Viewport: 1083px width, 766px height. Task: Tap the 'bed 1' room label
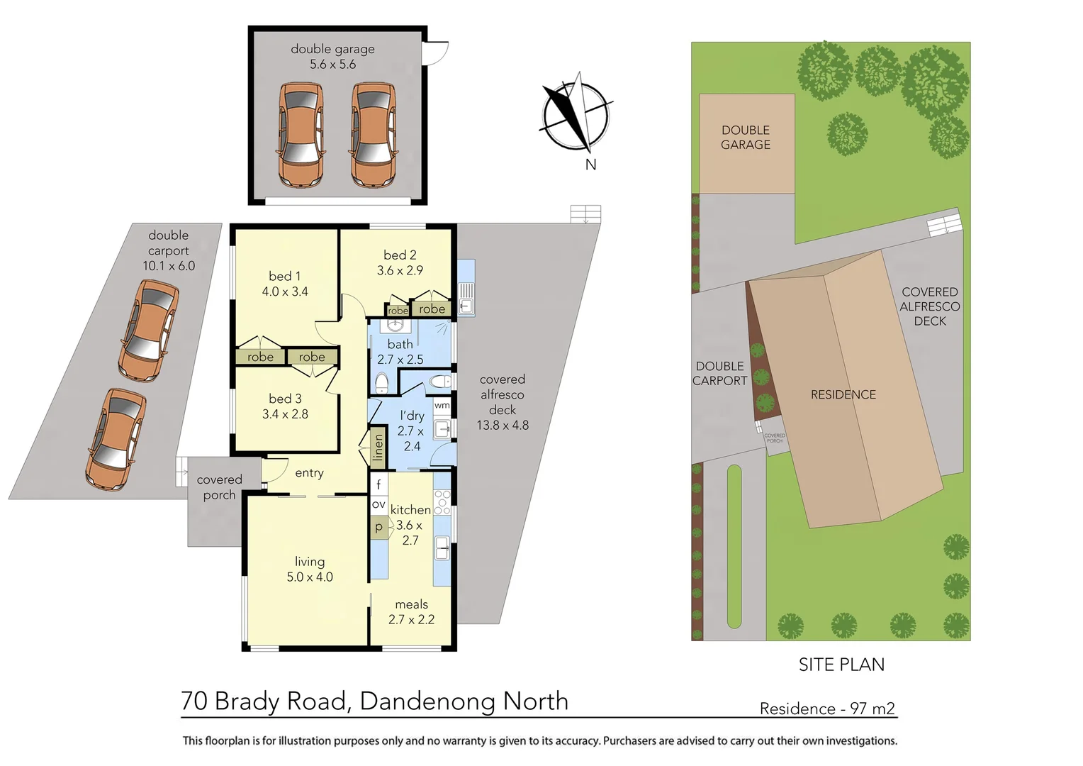(x=285, y=284)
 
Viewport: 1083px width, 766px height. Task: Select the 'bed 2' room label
(x=400, y=262)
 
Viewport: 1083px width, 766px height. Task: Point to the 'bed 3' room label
(x=285, y=406)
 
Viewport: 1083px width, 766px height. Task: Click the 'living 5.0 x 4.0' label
(x=310, y=570)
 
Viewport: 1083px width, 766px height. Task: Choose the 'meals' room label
(x=411, y=604)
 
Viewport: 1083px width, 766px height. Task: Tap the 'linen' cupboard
(x=378, y=447)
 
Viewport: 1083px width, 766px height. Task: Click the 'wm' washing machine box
(x=442, y=406)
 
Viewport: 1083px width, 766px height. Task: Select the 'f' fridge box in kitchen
(x=378, y=484)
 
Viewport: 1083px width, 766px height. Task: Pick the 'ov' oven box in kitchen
(x=378, y=505)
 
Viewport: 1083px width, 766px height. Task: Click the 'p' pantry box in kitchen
(x=378, y=527)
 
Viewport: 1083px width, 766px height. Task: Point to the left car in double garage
(x=301, y=135)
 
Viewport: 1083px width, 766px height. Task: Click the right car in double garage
(x=374, y=135)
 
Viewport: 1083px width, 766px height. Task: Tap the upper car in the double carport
(x=148, y=330)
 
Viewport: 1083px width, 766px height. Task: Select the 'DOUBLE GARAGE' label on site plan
(x=746, y=138)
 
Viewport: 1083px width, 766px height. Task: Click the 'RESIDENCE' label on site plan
(x=843, y=394)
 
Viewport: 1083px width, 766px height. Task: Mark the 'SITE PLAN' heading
(x=841, y=665)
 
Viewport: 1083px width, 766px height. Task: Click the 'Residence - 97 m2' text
(x=826, y=709)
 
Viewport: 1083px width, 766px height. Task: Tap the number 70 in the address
(x=194, y=701)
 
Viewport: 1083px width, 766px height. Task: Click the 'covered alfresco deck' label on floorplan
(x=503, y=402)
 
